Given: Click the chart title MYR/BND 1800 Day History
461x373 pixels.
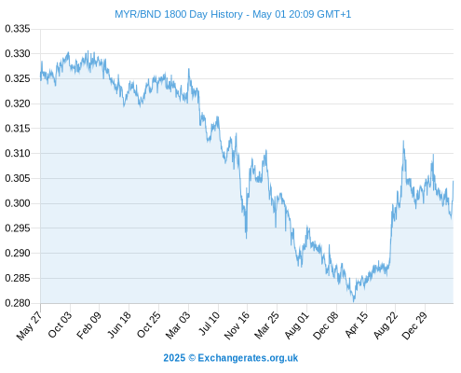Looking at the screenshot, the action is tap(179, 14).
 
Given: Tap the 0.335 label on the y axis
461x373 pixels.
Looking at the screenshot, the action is tap(18, 29).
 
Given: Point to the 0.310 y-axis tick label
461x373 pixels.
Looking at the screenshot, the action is tap(18, 153).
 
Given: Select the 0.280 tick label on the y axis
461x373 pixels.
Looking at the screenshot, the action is tap(18, 303).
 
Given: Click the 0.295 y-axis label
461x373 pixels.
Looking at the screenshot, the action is tap(18, 228).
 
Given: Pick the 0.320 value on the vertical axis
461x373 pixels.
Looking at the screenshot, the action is tap(18, 104).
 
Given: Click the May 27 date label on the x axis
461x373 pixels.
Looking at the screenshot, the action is tap(30, 325).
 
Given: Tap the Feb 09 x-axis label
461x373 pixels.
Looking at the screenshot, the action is tap(89, 325).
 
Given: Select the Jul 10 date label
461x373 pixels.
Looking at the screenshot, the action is tap(209, 324).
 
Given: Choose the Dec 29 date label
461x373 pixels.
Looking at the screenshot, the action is tap(414, 325).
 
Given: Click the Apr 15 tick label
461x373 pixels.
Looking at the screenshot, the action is tap(357, 325).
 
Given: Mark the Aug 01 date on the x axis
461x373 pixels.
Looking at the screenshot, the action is tap(297, 325).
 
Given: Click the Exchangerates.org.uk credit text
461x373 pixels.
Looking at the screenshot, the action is tap(248, 358).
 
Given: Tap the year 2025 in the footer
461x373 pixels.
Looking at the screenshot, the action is tap(174, 358).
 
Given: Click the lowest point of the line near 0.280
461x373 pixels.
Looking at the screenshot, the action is tap(354, 301).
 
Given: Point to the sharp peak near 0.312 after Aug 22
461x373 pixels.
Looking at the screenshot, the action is tap(403, 141).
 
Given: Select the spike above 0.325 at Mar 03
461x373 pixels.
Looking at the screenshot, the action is tap(189, 69).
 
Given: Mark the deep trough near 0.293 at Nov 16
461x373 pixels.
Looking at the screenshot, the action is tap(247, 238).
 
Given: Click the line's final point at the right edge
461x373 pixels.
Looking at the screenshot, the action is tap(454, 181).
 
